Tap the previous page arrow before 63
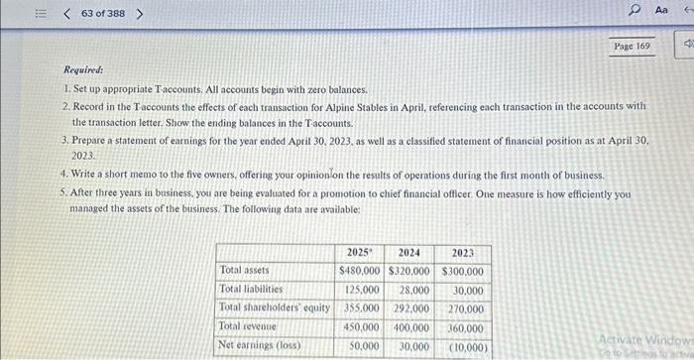pyautogui.click(x=65, y=14)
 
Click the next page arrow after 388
pyautogui.click(x=139, y=14)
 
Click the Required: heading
pyautogui.click(x=83, y=70)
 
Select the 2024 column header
pyautogui.click(x=409, y=253)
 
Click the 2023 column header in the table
pyautogui.click(x=462, y=253)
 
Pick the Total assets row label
pyautogui.click(x=244, y=270)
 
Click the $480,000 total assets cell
pyautogui.click(x=360, y=271)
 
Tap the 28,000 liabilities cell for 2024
pyautogui.click(x=414, y=291)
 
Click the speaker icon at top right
pyautogui.click(x=685, y=46)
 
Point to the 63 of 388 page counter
pyautogui.click(x=102, y=14)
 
